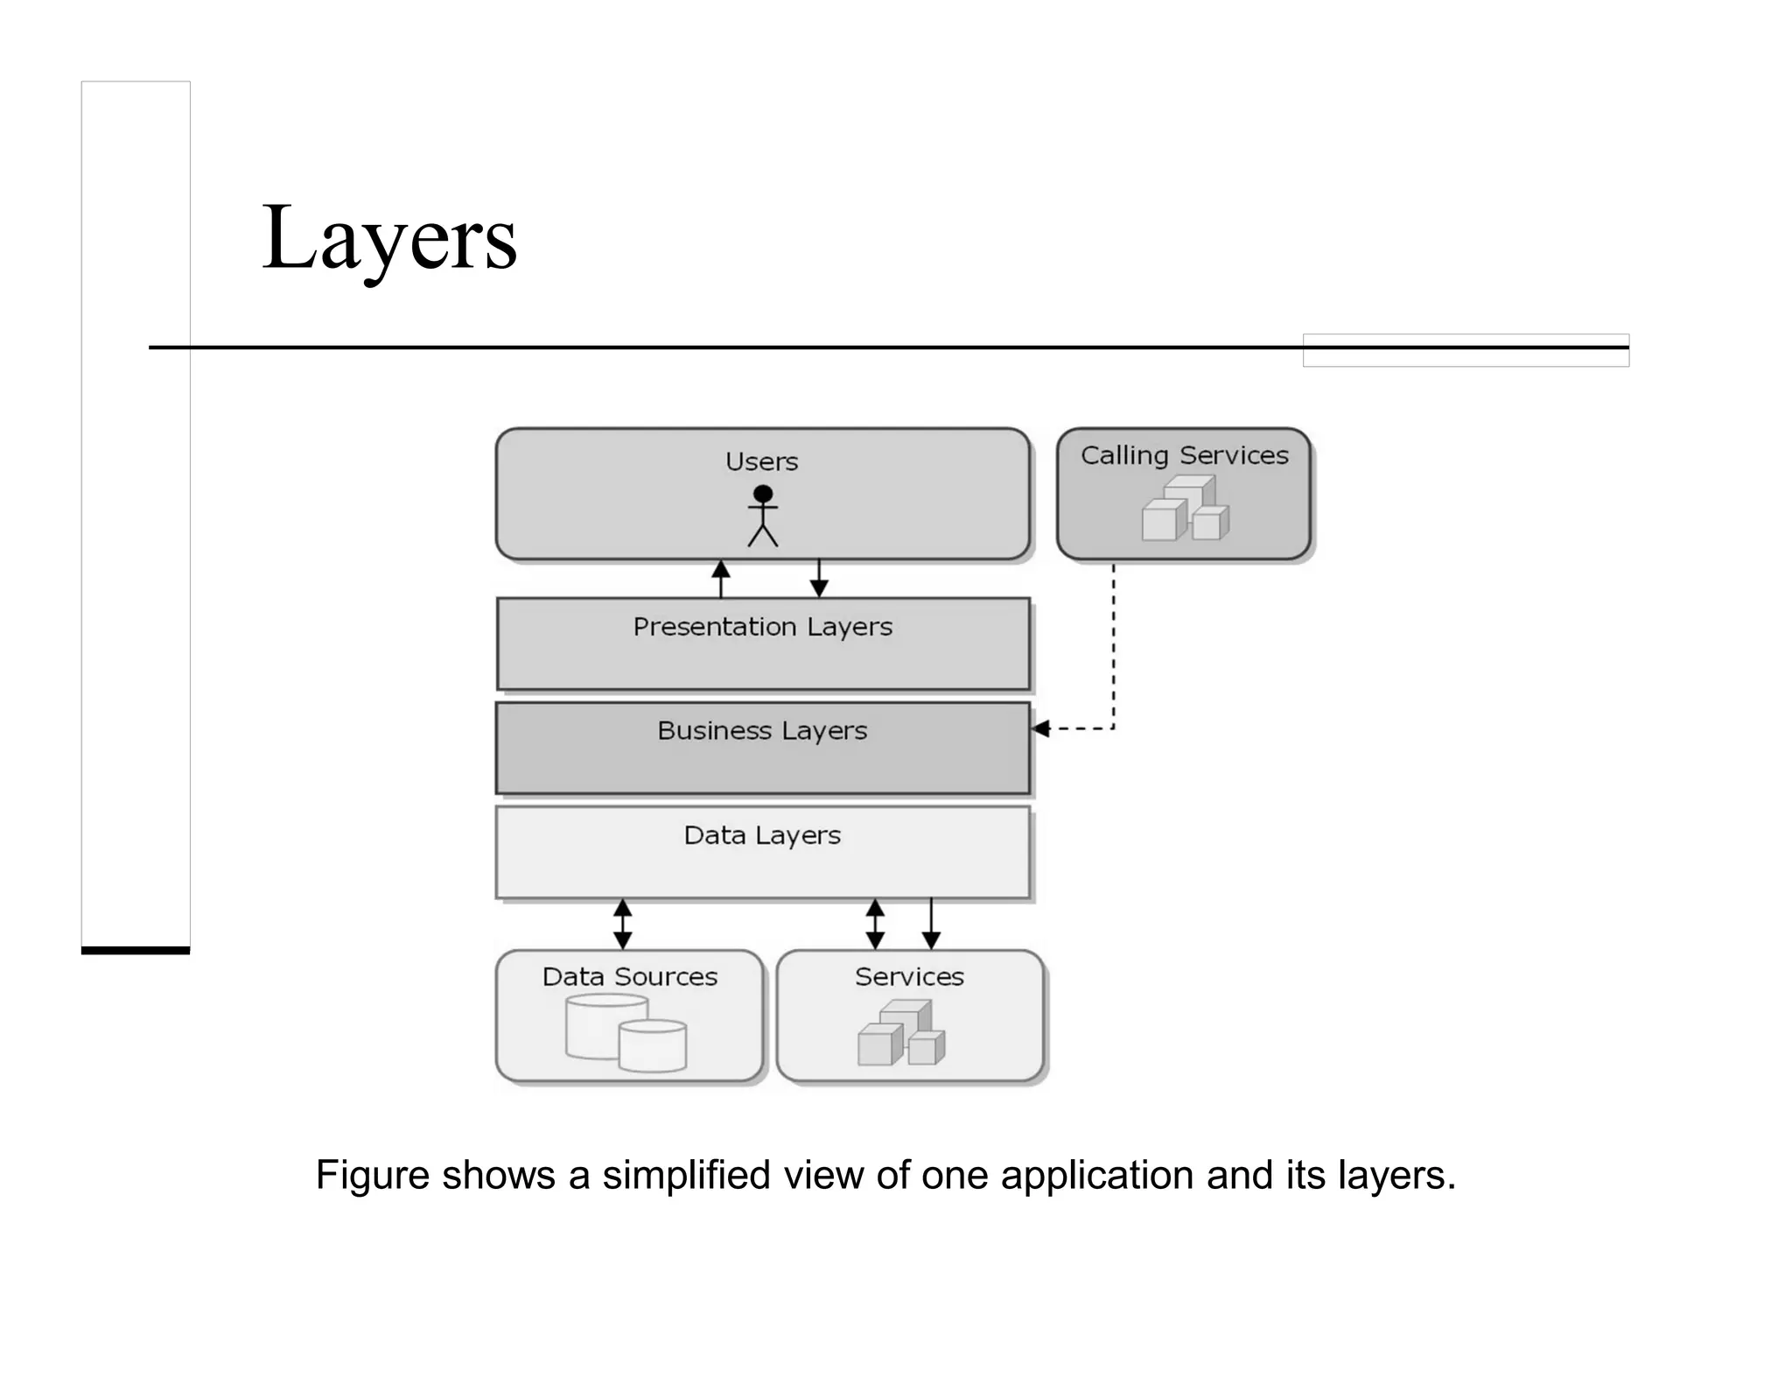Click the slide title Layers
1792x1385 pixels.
[389, 238]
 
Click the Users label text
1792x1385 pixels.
[761, 461]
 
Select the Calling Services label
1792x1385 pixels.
[1184, 455]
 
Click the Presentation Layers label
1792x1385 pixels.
[762, 627]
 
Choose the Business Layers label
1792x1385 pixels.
[762, 730]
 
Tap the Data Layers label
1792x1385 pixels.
[762, 835]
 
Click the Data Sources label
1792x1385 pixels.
[629, 976]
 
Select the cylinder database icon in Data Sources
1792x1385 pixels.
[626, 1032]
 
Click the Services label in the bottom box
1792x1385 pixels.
[909, 976]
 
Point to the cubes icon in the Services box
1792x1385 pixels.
[901, 1034]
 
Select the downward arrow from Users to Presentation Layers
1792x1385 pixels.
[819, 579]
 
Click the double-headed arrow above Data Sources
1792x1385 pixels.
[622, 924]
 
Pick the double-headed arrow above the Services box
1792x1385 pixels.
[875, 924]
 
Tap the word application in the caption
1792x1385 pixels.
[1096, 1175]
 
